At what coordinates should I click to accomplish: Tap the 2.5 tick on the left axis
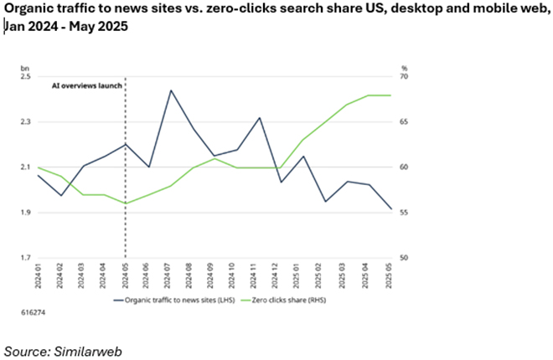(25, 77)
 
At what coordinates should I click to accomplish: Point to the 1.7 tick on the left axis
(25, 258)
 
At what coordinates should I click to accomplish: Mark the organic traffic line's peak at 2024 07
(171, 90)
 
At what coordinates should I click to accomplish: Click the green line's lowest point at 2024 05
(126, 203)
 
